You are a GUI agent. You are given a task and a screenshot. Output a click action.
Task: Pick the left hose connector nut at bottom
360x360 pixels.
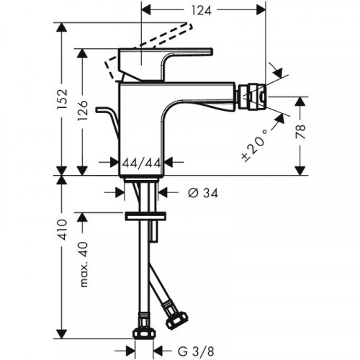click(x=143, y=332)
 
